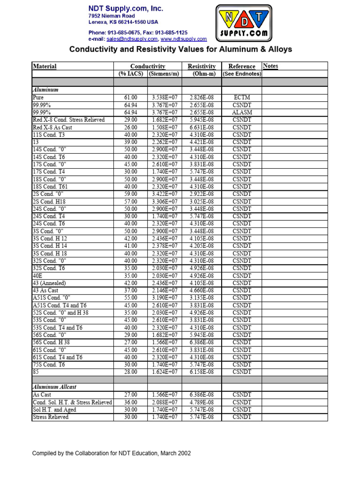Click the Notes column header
[270, 66]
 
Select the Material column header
[45, 67]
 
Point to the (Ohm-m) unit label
[202, 74]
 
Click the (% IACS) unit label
[130, 74]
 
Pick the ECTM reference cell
[242, 97]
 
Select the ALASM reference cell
[242, 112]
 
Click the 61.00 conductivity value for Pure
[130, 97]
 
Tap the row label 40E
[37, 276]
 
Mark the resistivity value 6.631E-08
[202, 127]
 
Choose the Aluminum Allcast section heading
[54, 387]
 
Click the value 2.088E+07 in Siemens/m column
[165, 402]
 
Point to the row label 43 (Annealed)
[49, 283]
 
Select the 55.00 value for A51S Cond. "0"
[130, 298]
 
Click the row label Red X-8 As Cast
[52, 127]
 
